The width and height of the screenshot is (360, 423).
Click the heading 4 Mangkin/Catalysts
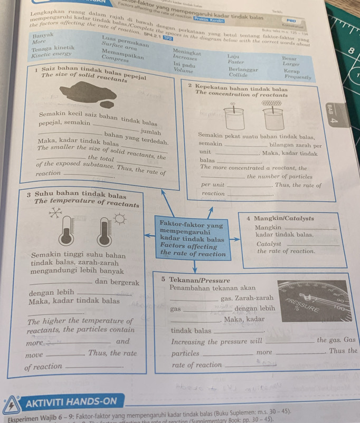tap(280, 218)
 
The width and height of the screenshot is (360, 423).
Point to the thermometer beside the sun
tap(106, 232)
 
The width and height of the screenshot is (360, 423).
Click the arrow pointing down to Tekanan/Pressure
tap(194, 266)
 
